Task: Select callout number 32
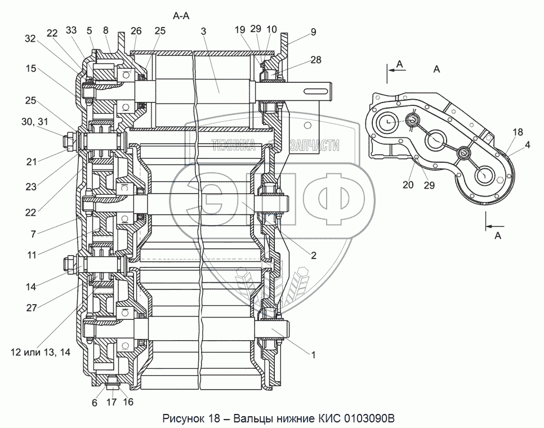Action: click(30, 38)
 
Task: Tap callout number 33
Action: click(72, 30)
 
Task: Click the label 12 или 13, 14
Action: click(40, 352)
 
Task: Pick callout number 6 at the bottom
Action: click(95, 403)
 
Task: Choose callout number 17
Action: click(112, 403)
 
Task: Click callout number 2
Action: click(312, 255)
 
